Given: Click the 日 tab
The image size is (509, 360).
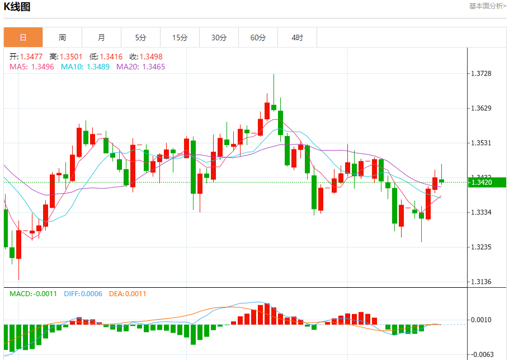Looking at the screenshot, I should pyautogui.click(x=23, y=38).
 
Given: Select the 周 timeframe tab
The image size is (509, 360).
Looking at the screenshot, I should pyautogui.click(x=62, y=38).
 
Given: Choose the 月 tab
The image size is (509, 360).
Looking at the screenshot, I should pyautogui.click(x=101, y=38).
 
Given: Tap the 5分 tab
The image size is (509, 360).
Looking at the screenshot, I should pyautogui.click(x=140, y=38).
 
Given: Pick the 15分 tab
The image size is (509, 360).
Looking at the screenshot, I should pyautogui.click(x=180, y=38).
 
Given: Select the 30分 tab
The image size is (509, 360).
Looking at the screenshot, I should pyautogui.click(x=219, y=38).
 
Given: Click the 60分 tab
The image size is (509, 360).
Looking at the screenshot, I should pyautogui.click(x=258, y=38).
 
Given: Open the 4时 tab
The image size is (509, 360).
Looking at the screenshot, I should pyautogui.click(x=297, y=38).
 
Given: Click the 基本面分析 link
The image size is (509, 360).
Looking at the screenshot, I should pyautogui.click(x=487, y=6).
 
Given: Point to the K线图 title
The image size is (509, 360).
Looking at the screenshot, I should pyautogui.click(x=17, y=7).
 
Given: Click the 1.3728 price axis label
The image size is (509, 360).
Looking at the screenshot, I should pyautogui.click(x=481, y=74).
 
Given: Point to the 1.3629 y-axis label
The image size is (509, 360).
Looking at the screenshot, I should pyautogui.click(x=481, y=108).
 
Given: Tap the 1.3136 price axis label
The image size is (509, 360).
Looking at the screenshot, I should pyautogui.click(x=481, y=282).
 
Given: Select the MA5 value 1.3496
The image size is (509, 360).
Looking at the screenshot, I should pyautogui.click(x=43, y=67).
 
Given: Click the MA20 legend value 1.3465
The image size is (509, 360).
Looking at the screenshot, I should pyautogui.click(x=154, y=67).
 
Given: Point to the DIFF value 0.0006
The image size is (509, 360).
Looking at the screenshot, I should pyautogui.click(x=92, y=293).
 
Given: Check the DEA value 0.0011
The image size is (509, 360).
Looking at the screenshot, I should pyautogui.click(x=135, y=293).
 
